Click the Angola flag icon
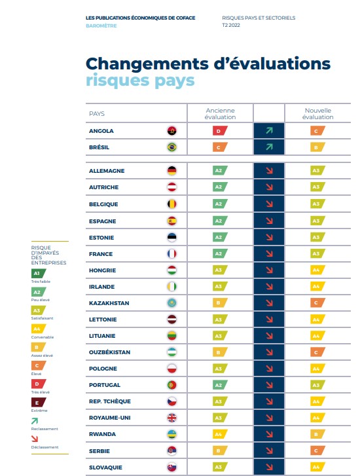[171, 131]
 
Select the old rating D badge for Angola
[220, 131]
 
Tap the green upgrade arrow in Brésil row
[268, 147]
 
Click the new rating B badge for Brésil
[317, 147]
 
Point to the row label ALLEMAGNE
[107, 171]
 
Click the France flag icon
[171, 254]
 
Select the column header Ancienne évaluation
[220, 114]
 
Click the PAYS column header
[97, 114]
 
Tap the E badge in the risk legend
[38, 401]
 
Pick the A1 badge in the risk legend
[38, 273]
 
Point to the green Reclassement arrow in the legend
[35, 420]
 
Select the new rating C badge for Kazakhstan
[317, 303]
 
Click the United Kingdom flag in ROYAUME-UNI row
[171, 418]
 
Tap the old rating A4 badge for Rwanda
[220, 434]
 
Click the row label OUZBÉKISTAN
[110, 352]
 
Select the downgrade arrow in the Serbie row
[268, 450]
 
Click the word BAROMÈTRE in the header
[101, 25]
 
